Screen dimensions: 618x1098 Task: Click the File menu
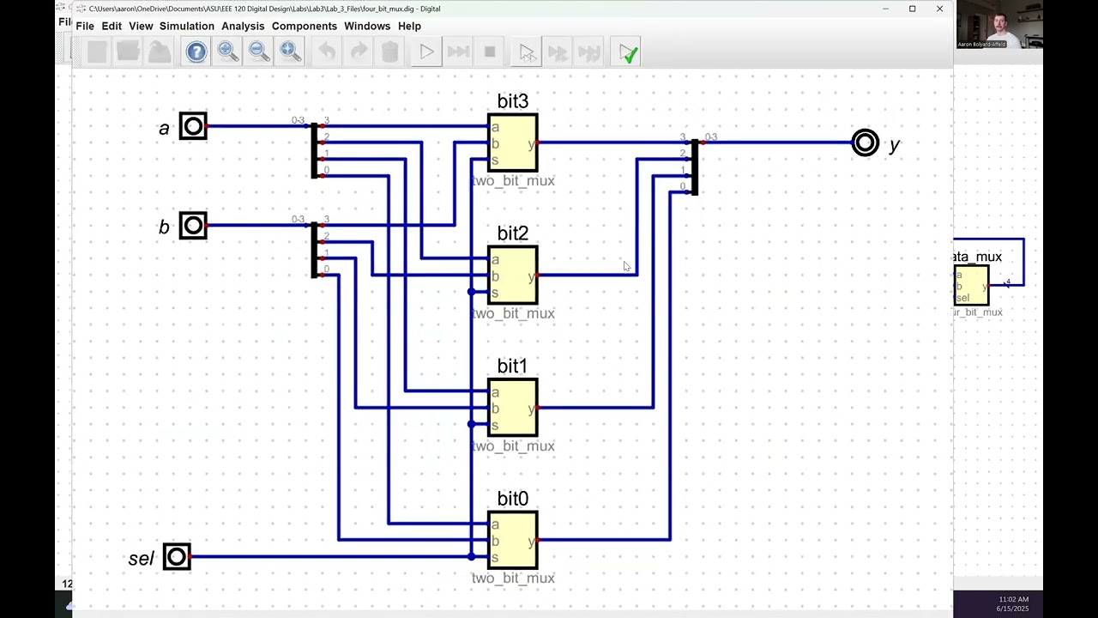(85, 27)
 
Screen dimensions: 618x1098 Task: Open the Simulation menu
(186, 27)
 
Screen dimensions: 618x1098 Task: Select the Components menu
(304, 27)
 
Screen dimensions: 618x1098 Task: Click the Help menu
(409, 27)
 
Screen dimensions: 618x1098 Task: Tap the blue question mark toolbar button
(196, 52)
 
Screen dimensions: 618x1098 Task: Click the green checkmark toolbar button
(629, 53)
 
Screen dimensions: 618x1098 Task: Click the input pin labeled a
(193, 127)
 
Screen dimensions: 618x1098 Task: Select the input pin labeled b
(193, 226)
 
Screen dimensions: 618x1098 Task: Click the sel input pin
(177, 557)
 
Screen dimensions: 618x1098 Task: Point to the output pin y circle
(865, 142)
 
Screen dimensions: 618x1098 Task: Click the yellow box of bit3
(513, 142)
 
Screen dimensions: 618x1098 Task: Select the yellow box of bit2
(513, 276)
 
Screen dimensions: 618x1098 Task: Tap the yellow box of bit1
(513, 408)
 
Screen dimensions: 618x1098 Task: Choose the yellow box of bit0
(513, 540)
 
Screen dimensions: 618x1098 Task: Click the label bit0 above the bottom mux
(513, 500)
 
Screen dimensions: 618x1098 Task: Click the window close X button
(939, 9)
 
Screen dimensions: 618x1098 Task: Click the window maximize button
(912, 9)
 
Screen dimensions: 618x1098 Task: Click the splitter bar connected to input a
(314, 150)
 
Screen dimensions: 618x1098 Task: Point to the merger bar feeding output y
(694, 167)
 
